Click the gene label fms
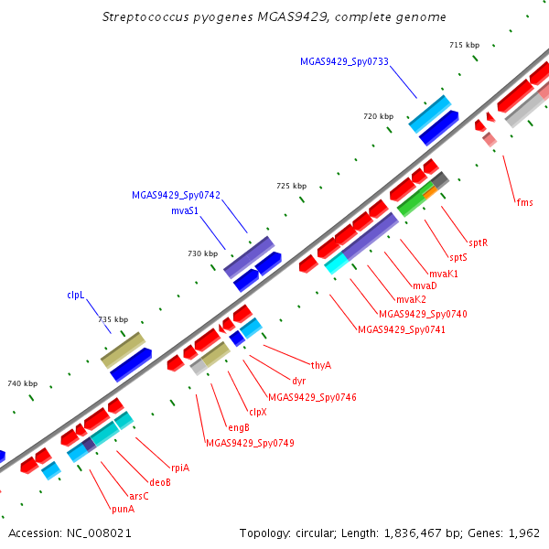pyautogui.click(x=525, y=202)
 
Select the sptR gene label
pyautogui.click(x=479, y=242)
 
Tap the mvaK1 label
pyautogui.click(x=444, y=274)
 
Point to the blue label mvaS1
pyautogui.click(x=185, y=210)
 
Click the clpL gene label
pyautogui.click(x=76, y=296)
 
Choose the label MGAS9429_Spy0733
pyautogui.click(x=345, y=61)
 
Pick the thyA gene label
pyautogui.click(x=321, y=365)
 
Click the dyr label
pyautogui.click(x=298, y=381)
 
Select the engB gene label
pyautogui.click(x=239, y=427)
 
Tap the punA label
pyautogui.click(x=123, y=509)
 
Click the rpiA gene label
pyautogui.click(x=180, y=468)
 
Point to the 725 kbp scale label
pyautogui.click(x=292, y=186)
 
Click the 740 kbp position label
pyautogui.click(x=22, y=383)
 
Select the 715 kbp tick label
pyautogui.click(x=465, y=45)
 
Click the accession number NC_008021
pyautogui.click(x=99, y=533)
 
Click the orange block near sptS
pyautogui.click(x=430, y=192)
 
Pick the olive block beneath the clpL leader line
pyautogui.click(x=123, y=350)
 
